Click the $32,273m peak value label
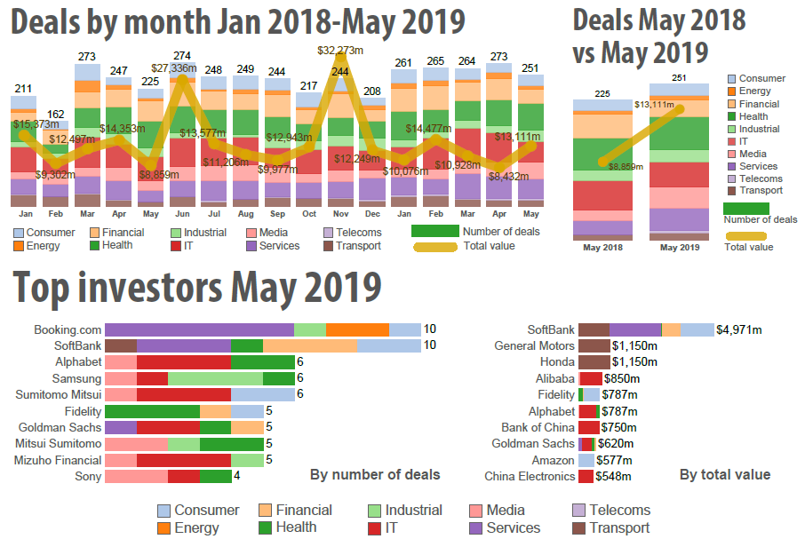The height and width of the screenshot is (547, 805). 341,52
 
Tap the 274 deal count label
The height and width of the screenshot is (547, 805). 182,55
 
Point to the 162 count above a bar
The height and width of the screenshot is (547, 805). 55,115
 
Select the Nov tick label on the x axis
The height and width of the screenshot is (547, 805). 341,215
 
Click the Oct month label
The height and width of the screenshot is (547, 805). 309,215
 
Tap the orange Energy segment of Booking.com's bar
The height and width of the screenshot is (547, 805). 357,329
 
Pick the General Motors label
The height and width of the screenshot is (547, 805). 535,346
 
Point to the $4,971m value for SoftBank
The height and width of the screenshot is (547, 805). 739,329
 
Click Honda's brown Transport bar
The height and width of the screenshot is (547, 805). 594,362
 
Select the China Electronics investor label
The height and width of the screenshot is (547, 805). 530,477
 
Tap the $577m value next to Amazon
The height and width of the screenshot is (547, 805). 614,460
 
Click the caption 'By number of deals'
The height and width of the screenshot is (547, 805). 375,475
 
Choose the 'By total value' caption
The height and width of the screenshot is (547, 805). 725,475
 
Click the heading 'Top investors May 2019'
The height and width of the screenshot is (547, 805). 198,289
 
